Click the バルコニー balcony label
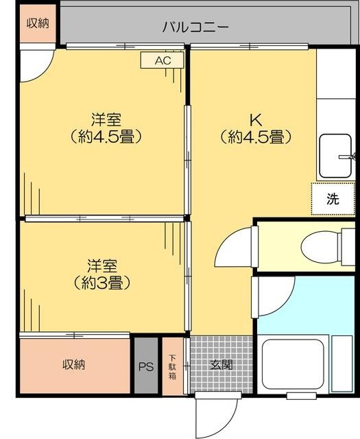pyautogui.click(x=195, y=27)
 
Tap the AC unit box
pyautogui.click(x=163, y=60)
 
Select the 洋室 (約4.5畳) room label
pyautogui.click(x=106, y=128)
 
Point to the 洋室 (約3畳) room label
pyautogui.click(x=102, y=274)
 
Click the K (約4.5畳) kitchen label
pyautogui.click(x=256, y=128)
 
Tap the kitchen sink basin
pyautogui.click(x=335, y=156)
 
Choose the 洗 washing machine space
pyautogui.click(x=333, y=198)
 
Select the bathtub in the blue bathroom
pyautogui.click(x=293, y=364)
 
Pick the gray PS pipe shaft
pyautogui.click(x=146, y=366)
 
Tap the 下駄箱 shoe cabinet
pyautogui.click(x=173, y=366)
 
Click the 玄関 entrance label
pyautogui.click(x=221, y=364)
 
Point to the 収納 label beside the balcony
pyautogui.click(x=38, y=23)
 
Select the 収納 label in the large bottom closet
pyautogui.click(x=73, y=364)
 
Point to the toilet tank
pyautogui.click(x=348, y=247)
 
